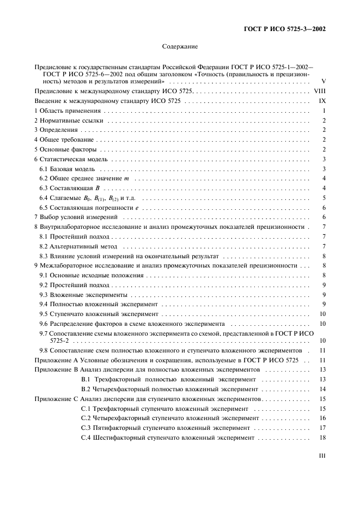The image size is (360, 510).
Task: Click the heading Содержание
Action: point(179,47)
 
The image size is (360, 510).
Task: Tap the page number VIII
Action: point(320,91)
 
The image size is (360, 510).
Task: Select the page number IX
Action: point(322,101)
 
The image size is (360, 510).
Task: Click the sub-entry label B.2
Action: point(85,389)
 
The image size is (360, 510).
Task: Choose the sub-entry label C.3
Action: point(85,428)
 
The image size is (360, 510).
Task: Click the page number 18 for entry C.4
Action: point(322,438)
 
